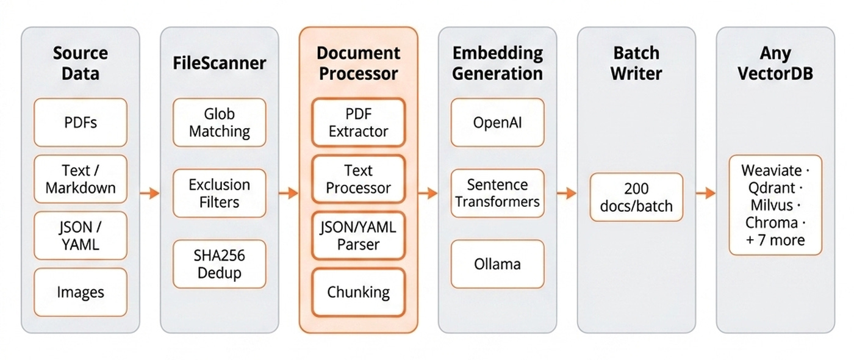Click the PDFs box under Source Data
81,123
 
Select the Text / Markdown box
81,179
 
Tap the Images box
81,292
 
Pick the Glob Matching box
220,123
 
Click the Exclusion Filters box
220,193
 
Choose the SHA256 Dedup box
220,264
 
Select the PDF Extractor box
359,123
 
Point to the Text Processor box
359,179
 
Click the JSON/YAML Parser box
359,236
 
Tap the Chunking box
359,292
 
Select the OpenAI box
498,123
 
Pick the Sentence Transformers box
498,193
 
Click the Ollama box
498,264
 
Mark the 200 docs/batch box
636,197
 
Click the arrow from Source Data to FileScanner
149,193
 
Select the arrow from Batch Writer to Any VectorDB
706,193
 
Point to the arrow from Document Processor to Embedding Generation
428,193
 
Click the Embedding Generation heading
498,63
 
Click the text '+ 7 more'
775,240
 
